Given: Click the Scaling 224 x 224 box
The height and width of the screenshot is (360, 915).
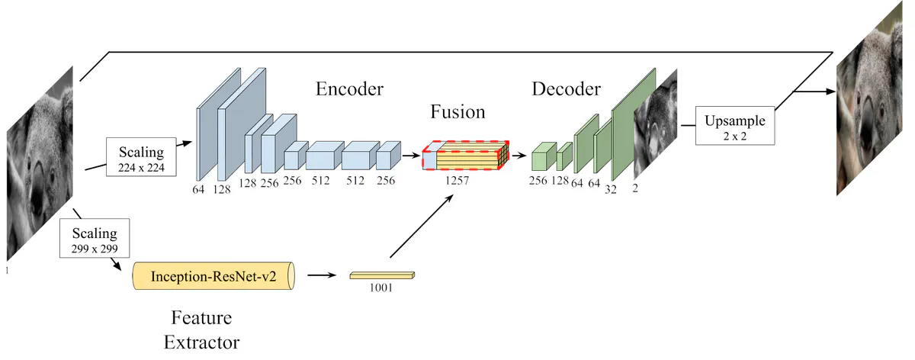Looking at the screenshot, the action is tap(141, 157).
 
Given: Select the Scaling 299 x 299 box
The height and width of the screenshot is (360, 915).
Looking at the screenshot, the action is tap(95, 238).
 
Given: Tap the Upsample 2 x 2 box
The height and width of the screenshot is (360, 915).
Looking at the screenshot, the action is tap(735, 125).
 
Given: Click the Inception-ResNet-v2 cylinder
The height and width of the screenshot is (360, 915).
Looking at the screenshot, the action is tap(213, 276).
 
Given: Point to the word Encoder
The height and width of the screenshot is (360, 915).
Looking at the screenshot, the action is tap(349, 88).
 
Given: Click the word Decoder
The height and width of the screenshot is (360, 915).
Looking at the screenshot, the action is tap(566, 88).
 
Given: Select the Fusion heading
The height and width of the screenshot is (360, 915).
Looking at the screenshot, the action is tap(457, 111).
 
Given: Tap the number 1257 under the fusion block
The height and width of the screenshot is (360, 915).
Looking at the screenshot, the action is tap(457, 180).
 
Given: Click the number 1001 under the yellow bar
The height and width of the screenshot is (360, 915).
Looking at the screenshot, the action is tap(381, 288).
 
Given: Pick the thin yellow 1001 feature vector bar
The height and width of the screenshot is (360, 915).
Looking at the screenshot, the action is tap(382, 276).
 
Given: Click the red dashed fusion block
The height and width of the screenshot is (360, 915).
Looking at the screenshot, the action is tap(466, 156).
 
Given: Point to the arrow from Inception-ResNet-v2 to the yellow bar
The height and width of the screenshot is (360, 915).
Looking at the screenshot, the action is tap(322, 275).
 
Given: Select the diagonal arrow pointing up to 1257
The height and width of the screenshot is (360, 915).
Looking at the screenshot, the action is tap(422, 226).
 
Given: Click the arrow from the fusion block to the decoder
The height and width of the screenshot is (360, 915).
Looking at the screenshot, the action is tap(519, 156).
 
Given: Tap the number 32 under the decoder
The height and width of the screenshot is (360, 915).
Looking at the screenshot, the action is tap(611, 190).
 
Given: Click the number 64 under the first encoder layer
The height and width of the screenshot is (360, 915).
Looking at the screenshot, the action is tap(198, 189).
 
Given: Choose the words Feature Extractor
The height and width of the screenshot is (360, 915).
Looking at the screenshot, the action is tap(201, 329).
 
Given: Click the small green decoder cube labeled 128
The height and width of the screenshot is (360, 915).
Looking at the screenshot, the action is tap(564, 156).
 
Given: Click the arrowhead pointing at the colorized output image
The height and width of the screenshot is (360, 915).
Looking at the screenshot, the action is tap(831, 91).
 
